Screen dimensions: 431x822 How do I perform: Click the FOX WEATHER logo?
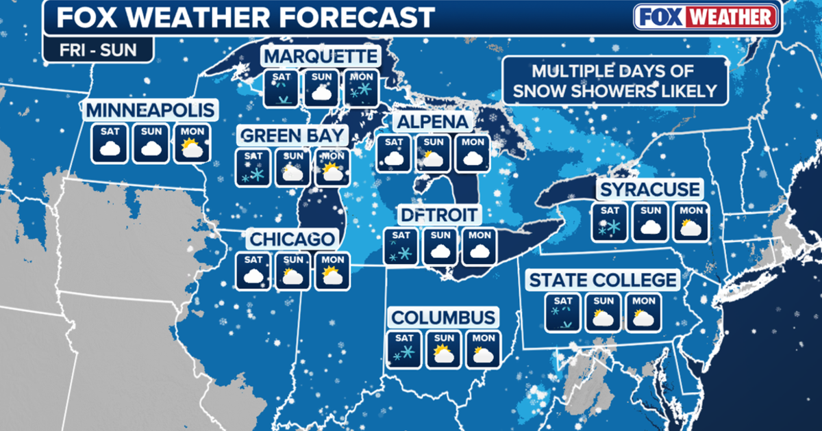(x=705, y=16)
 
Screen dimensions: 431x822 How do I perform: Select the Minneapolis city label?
(x=151, y=109)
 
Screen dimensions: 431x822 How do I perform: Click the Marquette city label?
(x=321, y=56)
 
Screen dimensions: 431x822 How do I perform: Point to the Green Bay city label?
(x=293, y=134)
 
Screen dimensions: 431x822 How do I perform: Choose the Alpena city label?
(x=432, y=122)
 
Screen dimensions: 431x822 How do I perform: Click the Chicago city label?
(x=293, y=239)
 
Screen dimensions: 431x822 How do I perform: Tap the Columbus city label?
(x=443, y=317)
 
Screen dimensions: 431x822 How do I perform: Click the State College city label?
(x=603, y=279)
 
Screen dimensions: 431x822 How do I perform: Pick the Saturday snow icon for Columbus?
(x=403, y=350)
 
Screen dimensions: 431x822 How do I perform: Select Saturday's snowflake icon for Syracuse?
(x=609, y=222)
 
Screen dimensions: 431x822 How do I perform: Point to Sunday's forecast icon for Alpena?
(x=433, y=154)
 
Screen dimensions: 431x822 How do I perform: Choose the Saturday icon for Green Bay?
(x=253, y=167)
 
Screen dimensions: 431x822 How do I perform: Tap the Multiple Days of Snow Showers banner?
(x=614, y=81)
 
